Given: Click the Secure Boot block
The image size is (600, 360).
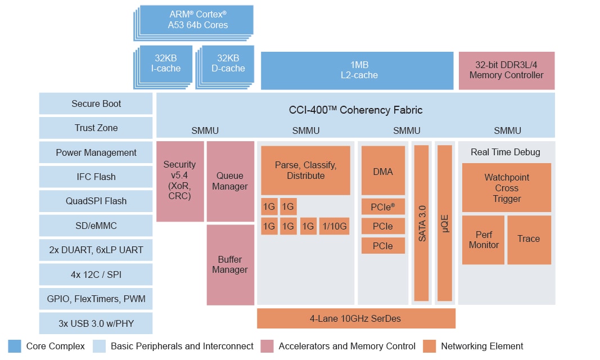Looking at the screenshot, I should (96, 103).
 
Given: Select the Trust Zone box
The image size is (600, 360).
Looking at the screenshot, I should (96, 128).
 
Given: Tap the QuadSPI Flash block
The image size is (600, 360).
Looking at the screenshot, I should (96, 201).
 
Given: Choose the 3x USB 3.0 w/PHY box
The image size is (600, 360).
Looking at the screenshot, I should (96, 323).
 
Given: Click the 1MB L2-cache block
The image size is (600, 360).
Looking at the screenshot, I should (357, 70).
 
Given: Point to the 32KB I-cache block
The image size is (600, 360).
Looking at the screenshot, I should (167, 64).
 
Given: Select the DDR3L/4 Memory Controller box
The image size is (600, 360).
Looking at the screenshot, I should (506, 70).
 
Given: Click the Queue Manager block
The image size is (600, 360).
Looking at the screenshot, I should (230, 181).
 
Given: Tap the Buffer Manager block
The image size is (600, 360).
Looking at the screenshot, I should (230, 264).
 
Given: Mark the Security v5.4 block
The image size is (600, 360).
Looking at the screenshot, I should (180, 181).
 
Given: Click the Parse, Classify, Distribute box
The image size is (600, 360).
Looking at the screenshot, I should (305, 170).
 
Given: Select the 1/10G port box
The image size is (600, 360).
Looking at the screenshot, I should (333, 227).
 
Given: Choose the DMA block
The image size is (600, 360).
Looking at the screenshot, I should (383, 171).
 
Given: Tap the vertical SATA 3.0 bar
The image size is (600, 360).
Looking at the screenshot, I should (421, 223).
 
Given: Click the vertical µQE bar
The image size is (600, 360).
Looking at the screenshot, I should (445, 223).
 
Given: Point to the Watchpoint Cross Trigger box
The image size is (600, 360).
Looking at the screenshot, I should (506, 188).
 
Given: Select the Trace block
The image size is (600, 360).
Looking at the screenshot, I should (529, 239).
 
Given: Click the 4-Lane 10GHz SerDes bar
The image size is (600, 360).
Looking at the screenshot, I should (356, 318).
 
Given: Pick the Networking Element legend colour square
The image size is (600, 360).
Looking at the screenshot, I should (429, 346).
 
